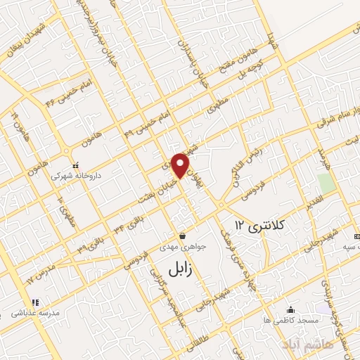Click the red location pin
click(181, 165)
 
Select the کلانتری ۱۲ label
click(260, 225)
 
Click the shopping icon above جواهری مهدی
click(183, 236)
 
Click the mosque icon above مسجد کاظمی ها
click(291, 309)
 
